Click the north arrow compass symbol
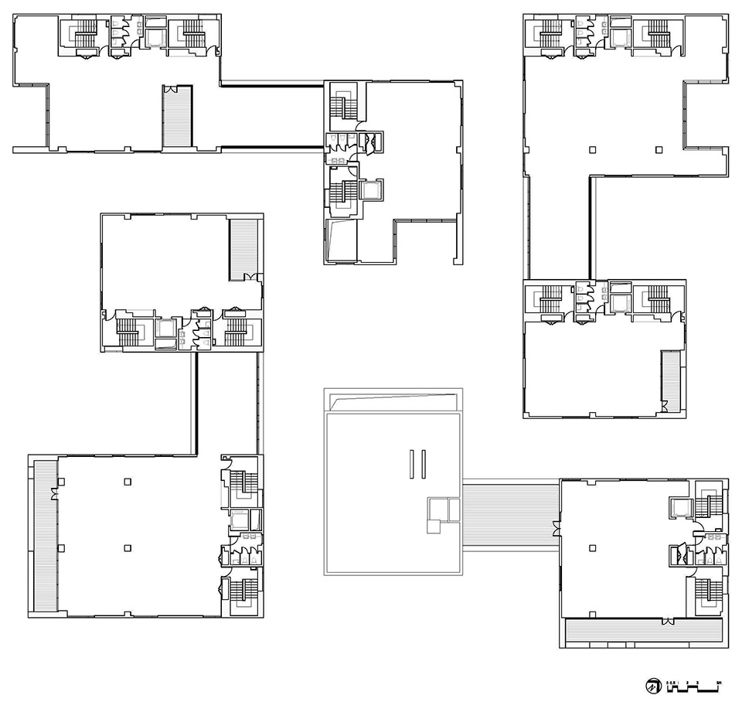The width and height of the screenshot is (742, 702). click(653, 686)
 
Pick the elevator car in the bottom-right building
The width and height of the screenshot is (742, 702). click(681, 507)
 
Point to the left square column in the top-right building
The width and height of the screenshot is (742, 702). click(592, 148)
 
